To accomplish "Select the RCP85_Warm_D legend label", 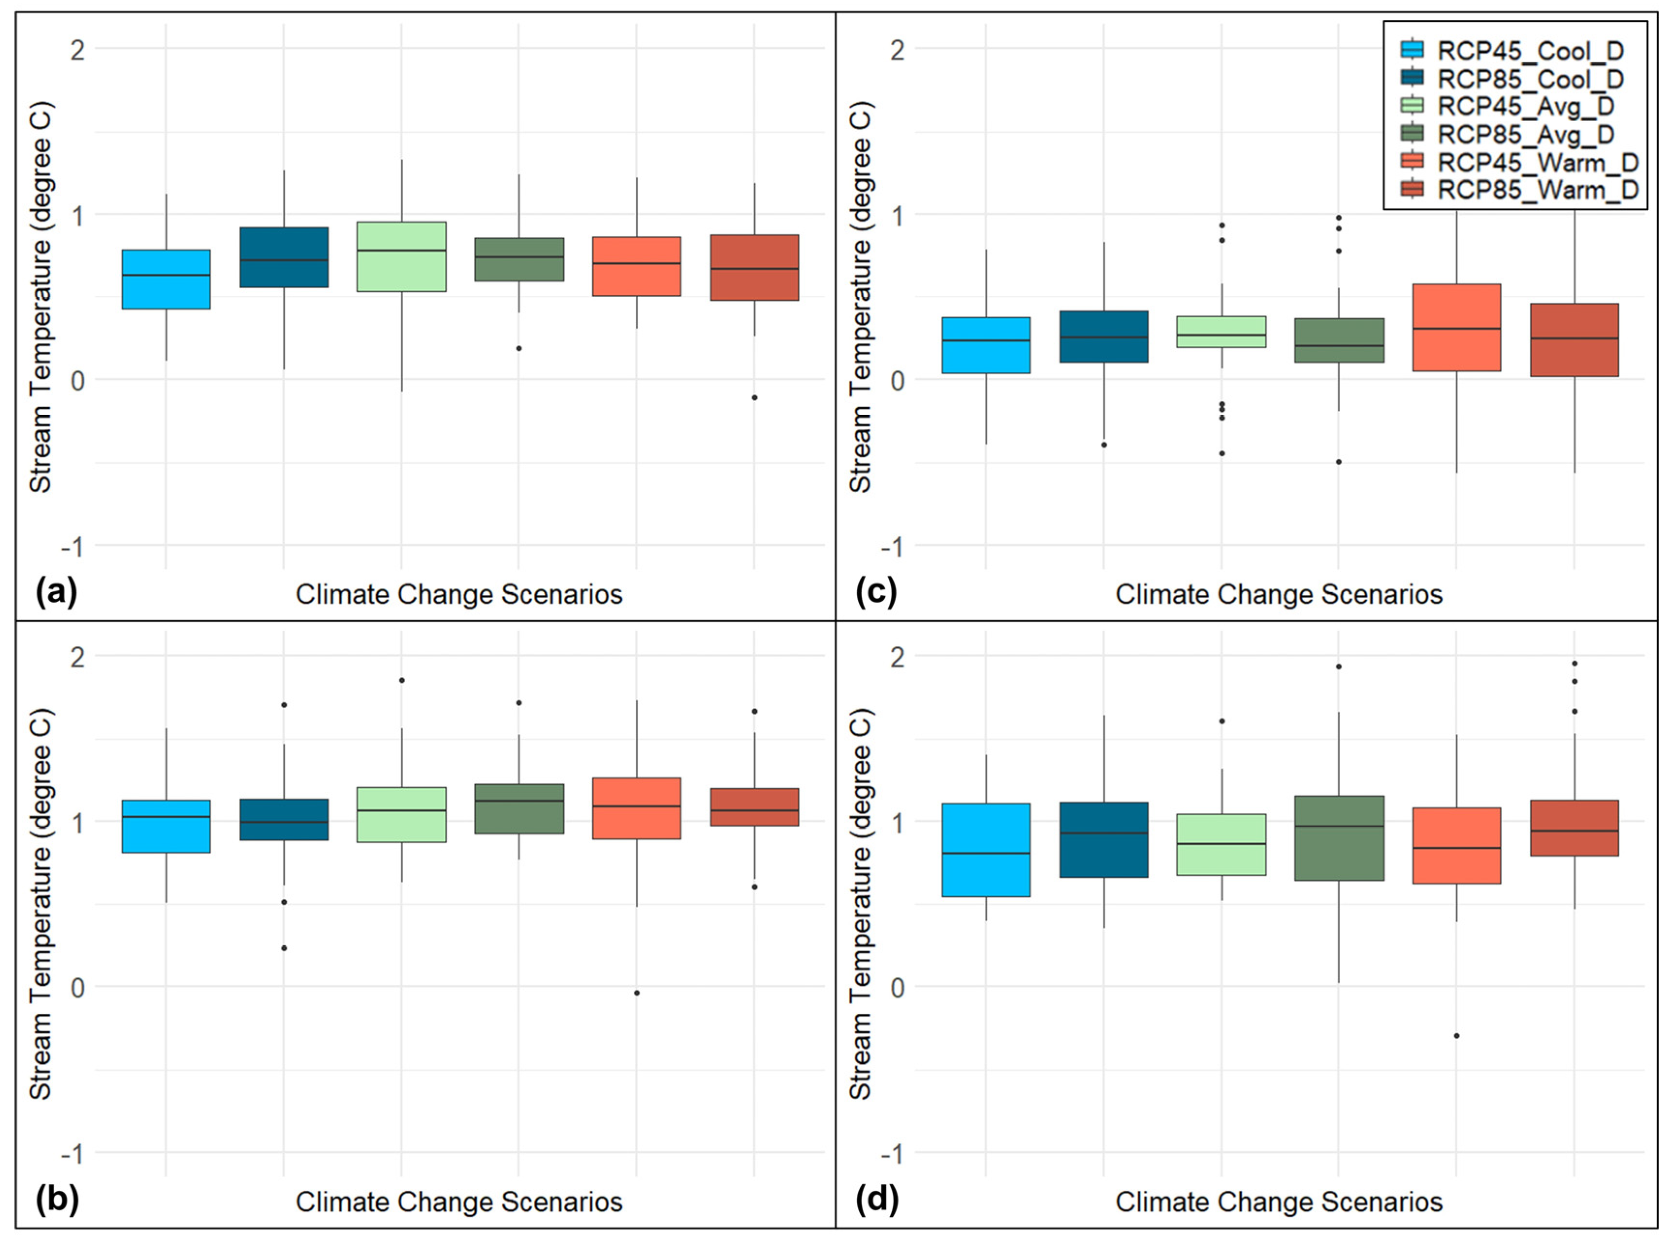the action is (1538, 189).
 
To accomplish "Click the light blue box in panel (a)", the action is (166, 279).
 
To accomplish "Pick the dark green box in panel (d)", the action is (1339, 838).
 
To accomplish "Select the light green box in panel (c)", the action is (1222, 332).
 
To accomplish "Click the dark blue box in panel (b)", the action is (284, 820).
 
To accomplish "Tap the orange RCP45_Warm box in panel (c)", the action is (1456, 327).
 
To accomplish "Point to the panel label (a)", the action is (56, 594).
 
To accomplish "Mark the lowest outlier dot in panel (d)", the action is (1456, 1036).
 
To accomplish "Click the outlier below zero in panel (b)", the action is (637, 993).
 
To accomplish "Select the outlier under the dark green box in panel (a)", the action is (519, 348).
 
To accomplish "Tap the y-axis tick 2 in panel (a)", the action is (78, 50).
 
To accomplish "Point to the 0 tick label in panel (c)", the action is (897, 380).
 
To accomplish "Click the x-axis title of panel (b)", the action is (459, 1202).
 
